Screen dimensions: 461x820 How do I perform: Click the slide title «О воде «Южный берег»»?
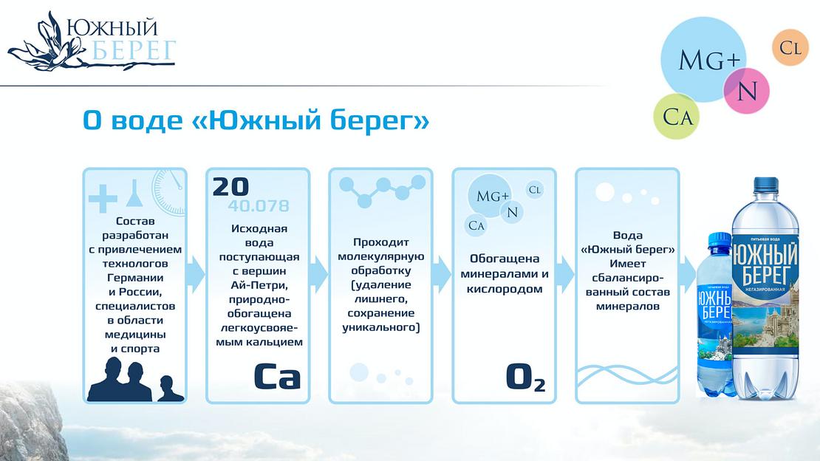256,121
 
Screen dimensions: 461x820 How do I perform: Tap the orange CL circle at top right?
790,49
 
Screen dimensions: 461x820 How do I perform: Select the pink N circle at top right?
747,91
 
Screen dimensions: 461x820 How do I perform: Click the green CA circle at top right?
677,117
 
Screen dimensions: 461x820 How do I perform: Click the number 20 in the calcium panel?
231,187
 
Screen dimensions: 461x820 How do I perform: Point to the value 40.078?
259,205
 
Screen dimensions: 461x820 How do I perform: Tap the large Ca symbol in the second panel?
277,376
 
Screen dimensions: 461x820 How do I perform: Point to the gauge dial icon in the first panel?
168,190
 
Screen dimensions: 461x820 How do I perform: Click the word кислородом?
505,289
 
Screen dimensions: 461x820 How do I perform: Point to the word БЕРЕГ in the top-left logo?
136,51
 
